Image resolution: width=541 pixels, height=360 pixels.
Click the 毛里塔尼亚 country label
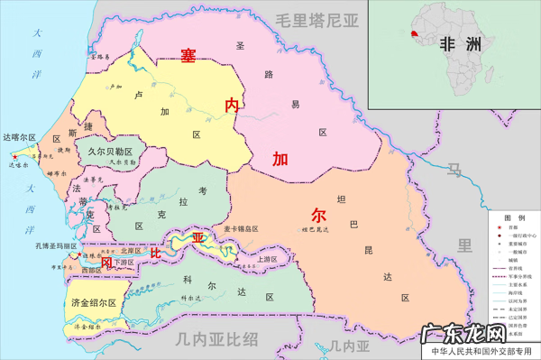pos(318,20)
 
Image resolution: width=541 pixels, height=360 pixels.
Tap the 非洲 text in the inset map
pos(459,44)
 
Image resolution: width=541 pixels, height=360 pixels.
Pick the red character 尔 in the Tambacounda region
pos(318,216)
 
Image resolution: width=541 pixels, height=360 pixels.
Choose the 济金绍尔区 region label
pos(93,303)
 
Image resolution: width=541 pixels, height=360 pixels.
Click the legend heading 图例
pos(514,219)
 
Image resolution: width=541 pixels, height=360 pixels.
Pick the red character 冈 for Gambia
pos(106,263)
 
